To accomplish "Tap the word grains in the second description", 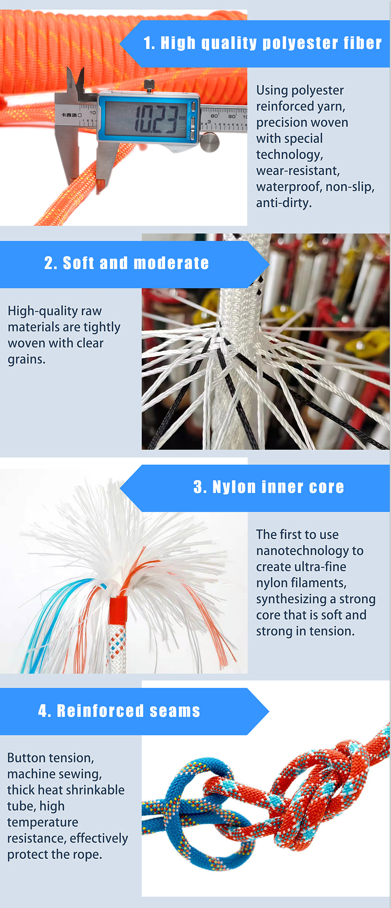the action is tap(26, 360).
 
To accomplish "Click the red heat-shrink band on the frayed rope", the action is tap(118, 610).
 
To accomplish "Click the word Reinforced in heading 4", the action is tap(100, 711).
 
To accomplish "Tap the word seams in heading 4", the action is tap(175, 711).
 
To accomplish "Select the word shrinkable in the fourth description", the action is tap(93, 790).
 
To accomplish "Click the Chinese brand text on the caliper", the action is tap(70, 115).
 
